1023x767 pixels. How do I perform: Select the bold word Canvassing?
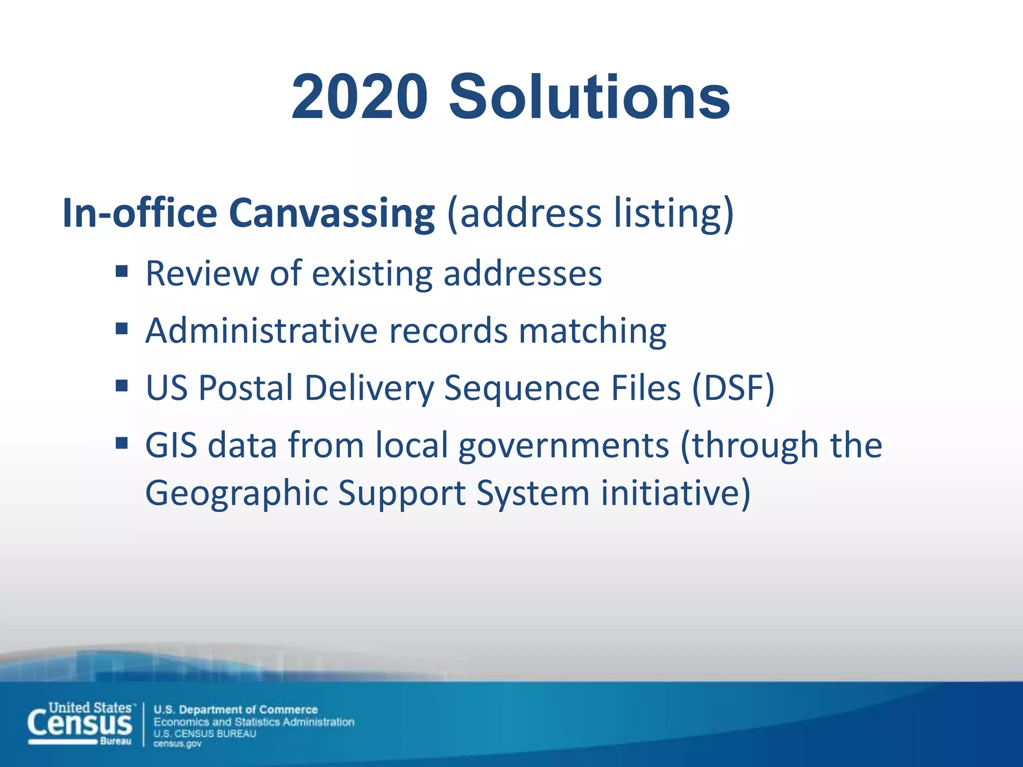(332, 213)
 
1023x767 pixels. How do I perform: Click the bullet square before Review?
(121, 272)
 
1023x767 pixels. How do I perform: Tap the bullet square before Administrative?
(121, 329)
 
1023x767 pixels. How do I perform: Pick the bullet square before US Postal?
(121, 386)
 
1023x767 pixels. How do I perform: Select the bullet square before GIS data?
(121, 443)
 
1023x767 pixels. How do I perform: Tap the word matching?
(592, 331)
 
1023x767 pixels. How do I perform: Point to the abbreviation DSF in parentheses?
(733, 388)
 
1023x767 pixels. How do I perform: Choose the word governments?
(563, 445)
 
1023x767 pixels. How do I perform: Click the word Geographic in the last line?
(236, 493)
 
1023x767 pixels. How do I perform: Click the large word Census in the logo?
(80, 724)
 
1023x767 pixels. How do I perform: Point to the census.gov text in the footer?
(177, 744)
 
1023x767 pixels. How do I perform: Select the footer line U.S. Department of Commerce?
(236, 710)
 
